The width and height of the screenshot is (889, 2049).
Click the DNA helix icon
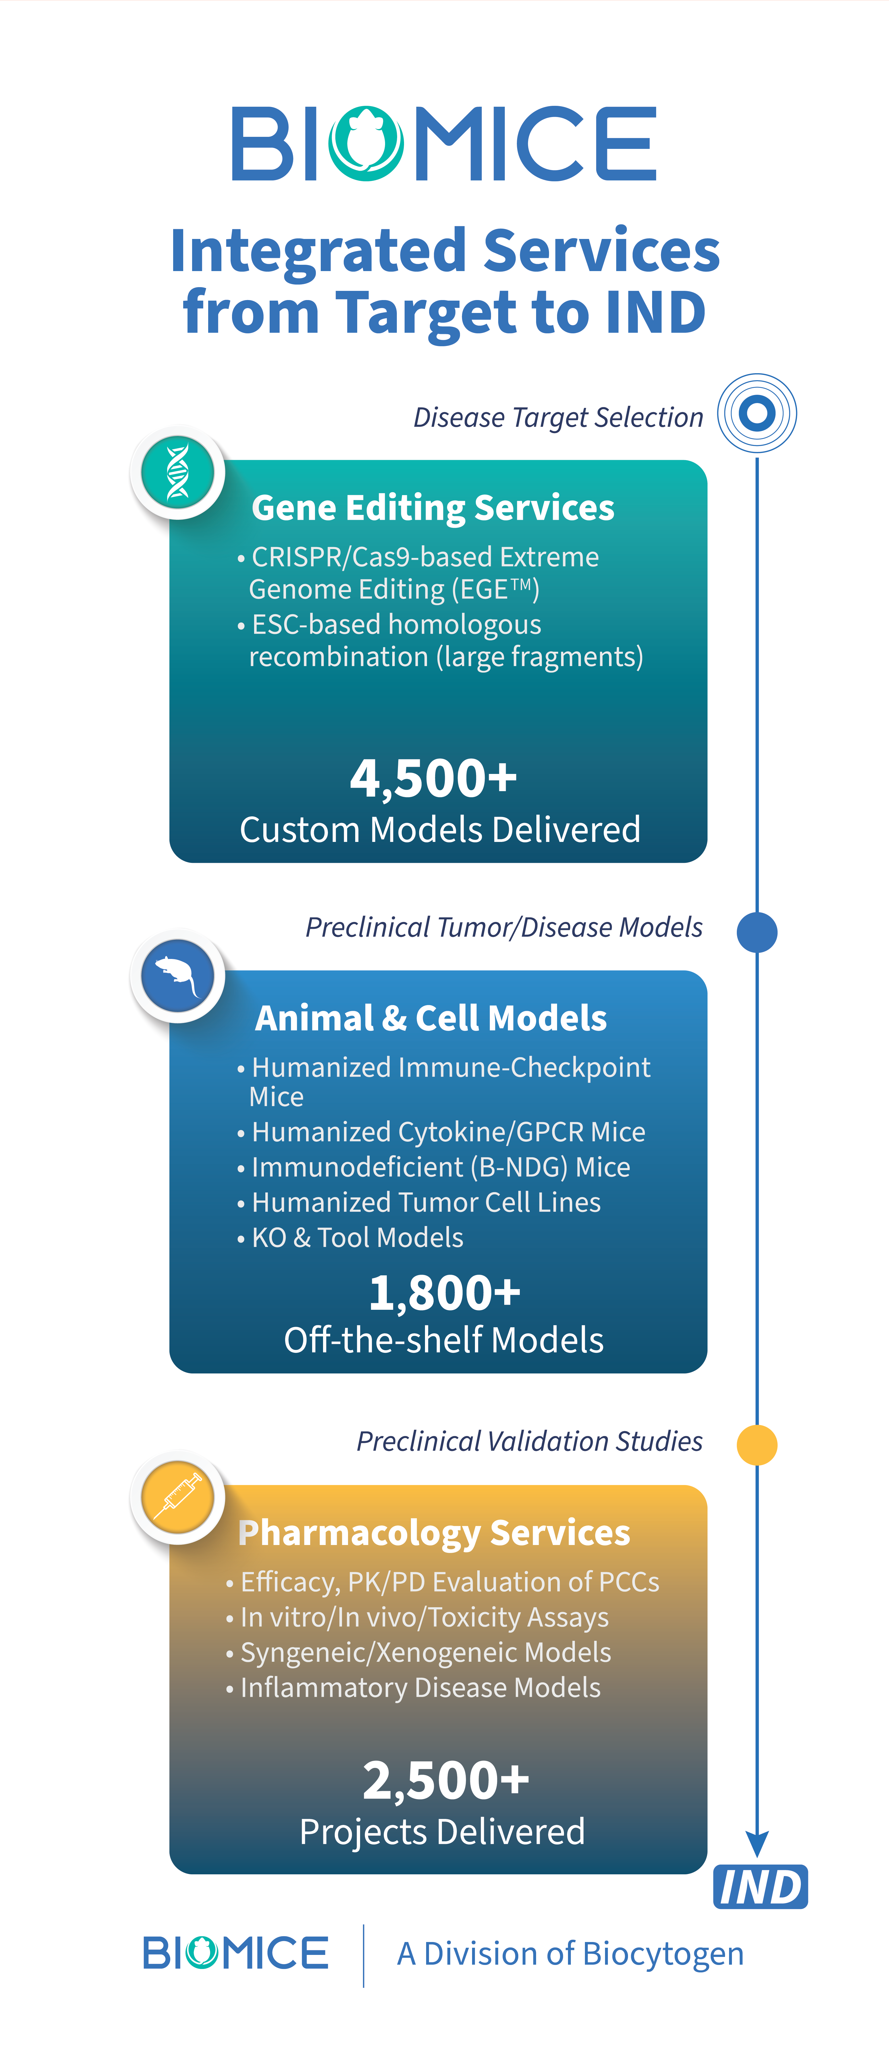tap(177, 472)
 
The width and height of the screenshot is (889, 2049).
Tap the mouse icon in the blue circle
tap(177, 975)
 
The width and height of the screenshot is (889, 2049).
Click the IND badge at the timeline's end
tap(760, 1887)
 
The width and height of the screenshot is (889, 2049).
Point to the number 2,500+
tap(446, 1780)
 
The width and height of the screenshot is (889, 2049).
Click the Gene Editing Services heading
tap(433, 507)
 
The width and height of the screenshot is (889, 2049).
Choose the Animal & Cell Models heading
tap(430, 1018)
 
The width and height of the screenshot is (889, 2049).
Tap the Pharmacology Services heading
tap(434, 1533)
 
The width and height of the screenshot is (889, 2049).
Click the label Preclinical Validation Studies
tap(529, 1441)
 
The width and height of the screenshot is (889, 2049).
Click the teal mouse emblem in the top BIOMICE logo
tap(366, 143)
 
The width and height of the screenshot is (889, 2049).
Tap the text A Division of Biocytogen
tap(570, 1953)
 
